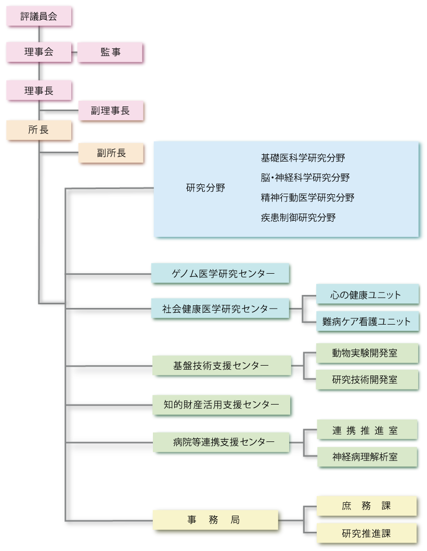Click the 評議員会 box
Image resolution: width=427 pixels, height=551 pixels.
[x=39, y=17]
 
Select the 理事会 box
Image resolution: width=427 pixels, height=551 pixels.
[x=39, y=52]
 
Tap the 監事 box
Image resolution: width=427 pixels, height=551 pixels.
[x=110, y=52]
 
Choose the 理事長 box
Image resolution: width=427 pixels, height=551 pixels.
[x=39, y=91]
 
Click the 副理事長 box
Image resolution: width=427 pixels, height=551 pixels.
[x=110, y=110]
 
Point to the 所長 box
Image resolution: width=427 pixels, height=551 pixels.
[x=39, y=130]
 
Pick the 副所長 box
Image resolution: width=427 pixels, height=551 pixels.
[x=110, y=153]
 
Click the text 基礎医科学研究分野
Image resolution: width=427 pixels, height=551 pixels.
[x=303, y=158]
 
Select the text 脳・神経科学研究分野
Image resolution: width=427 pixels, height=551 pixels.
[x=305, y=178]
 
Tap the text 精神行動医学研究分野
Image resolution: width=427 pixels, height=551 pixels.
[x=308, y=197]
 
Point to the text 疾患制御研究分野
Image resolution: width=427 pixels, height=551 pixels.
[x=298, y=218]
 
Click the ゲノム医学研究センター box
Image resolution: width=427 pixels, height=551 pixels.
[x=221, y=273]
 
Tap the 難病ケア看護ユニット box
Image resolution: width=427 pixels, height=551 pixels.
[x=367, y=321]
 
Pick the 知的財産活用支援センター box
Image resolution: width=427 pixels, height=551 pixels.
[x=221, y=404]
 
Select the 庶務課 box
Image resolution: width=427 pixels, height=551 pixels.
[x=367, y=506]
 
